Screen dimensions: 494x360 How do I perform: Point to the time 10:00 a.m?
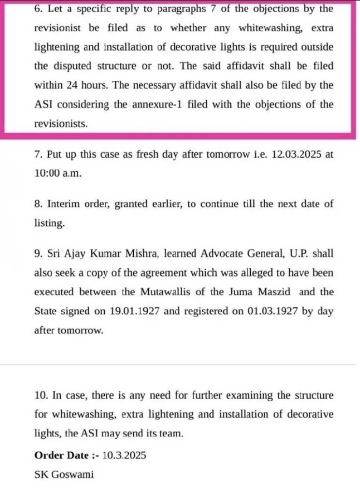coord(57,173)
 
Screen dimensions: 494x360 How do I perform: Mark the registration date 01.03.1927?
coord(271,311)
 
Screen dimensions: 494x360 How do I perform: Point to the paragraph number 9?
coord(37,253)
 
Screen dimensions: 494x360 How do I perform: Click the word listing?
coord(48,222)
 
